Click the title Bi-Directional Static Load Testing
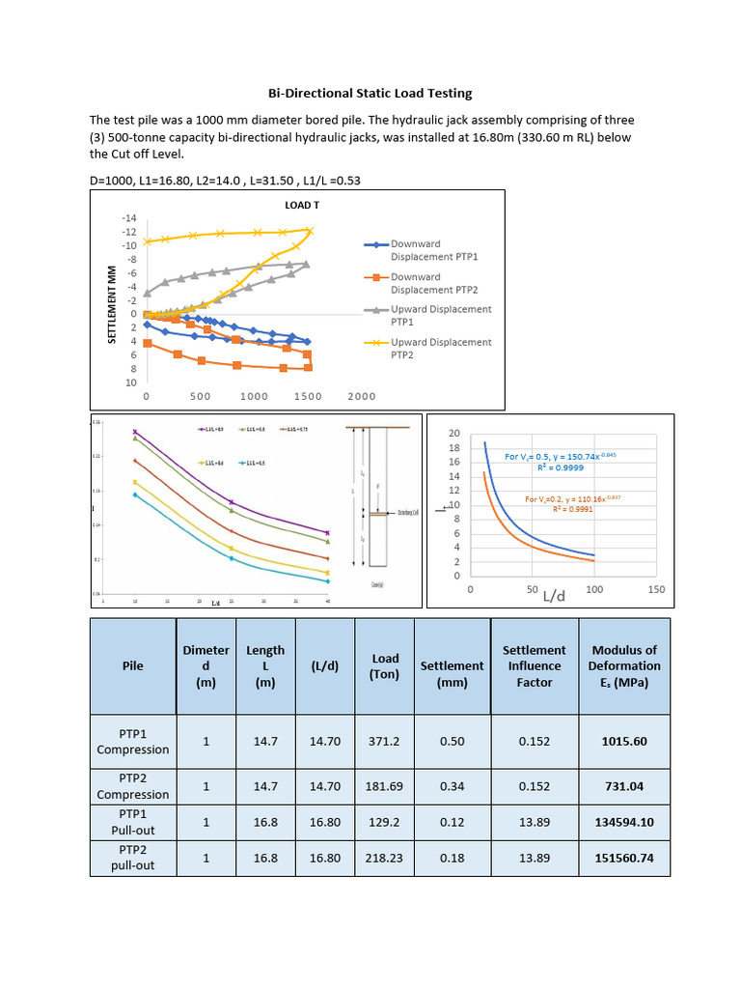pyautogui.click(x=370, y=94)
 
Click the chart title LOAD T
pyautogui.click(x=302, y=206)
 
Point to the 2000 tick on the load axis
pyautogui.click(x=362, y=396)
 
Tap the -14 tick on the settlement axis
pyautogui.click(x=129, y=219)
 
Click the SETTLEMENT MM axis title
pyautogui.click(x=112, y=305)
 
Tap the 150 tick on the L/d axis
pyautogui.click(x=656, y=588)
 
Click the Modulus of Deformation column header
pyautogui.click(x=624, y=666)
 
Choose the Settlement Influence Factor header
pyautogui.click(x=535, y=666)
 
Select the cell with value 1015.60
pyautogui.click(x=624, y=741)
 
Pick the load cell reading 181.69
pyautogui.click(x=385, y=786)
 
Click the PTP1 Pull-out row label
pyautogui.click(x=132, y=822)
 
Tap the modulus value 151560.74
pyautogui.click(x=624, y=858)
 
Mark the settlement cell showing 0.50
pyautogui.click(x=453, y=741)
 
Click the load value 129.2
pyautogui.click(x=385, y=822)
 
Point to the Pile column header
pyautogui.click(x=132, y=666)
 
